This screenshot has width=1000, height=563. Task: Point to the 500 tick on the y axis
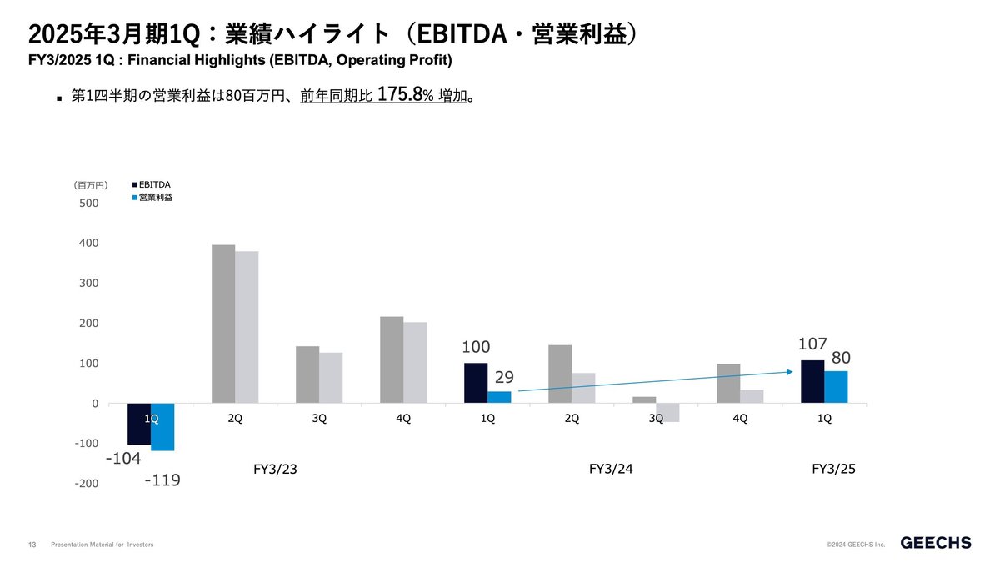click(89, 204)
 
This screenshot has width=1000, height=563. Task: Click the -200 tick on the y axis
click(86, 484)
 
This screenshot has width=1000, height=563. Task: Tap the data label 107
click(812, 343)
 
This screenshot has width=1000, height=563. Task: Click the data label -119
click(162, 480)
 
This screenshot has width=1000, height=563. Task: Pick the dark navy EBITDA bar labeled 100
click(476, 384)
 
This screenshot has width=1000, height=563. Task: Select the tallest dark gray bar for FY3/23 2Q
click(223, 324)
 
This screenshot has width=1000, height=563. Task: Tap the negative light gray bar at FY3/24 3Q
click(667, 413)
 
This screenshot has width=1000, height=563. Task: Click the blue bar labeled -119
click(162, 427)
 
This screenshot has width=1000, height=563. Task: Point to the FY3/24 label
click(612, 470)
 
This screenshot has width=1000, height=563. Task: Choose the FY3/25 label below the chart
click(833, 470)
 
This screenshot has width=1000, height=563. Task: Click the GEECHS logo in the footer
click(936, 543)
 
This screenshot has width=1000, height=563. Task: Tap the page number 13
click(32, 545)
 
